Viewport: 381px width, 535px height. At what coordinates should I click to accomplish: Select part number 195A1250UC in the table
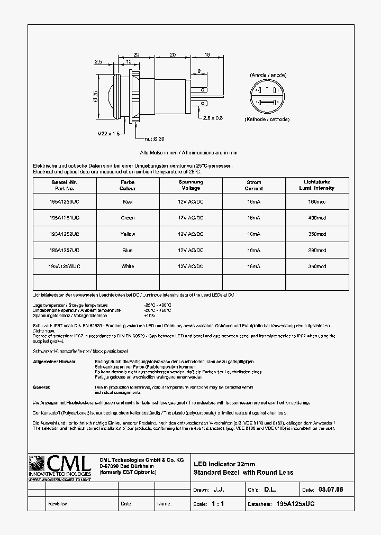(x=64, y=201)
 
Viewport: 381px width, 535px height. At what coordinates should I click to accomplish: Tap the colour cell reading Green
(x=128, y=218)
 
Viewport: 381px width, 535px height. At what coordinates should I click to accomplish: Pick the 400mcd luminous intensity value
(x=317, y=218)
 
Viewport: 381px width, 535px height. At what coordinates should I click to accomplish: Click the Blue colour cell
(x=128, y=251)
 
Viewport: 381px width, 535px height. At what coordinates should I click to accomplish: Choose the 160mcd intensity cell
(x=317, y=201)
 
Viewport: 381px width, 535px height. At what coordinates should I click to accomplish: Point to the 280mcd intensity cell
(x=317, y=251)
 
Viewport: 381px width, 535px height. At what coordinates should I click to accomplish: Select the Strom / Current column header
(x=254, y=185)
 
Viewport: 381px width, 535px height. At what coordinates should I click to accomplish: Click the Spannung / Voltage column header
(x=190, y=185)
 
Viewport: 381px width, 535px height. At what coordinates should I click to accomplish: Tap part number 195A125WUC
(x=64, y=266)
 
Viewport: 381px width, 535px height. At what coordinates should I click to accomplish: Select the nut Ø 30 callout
(x=156, y=139)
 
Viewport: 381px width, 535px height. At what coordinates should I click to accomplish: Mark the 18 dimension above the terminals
(x=207, y=54)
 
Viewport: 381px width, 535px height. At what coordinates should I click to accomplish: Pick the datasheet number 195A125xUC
(x=295, y=504)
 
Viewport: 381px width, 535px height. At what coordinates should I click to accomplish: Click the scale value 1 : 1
(x=217, y=504)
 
